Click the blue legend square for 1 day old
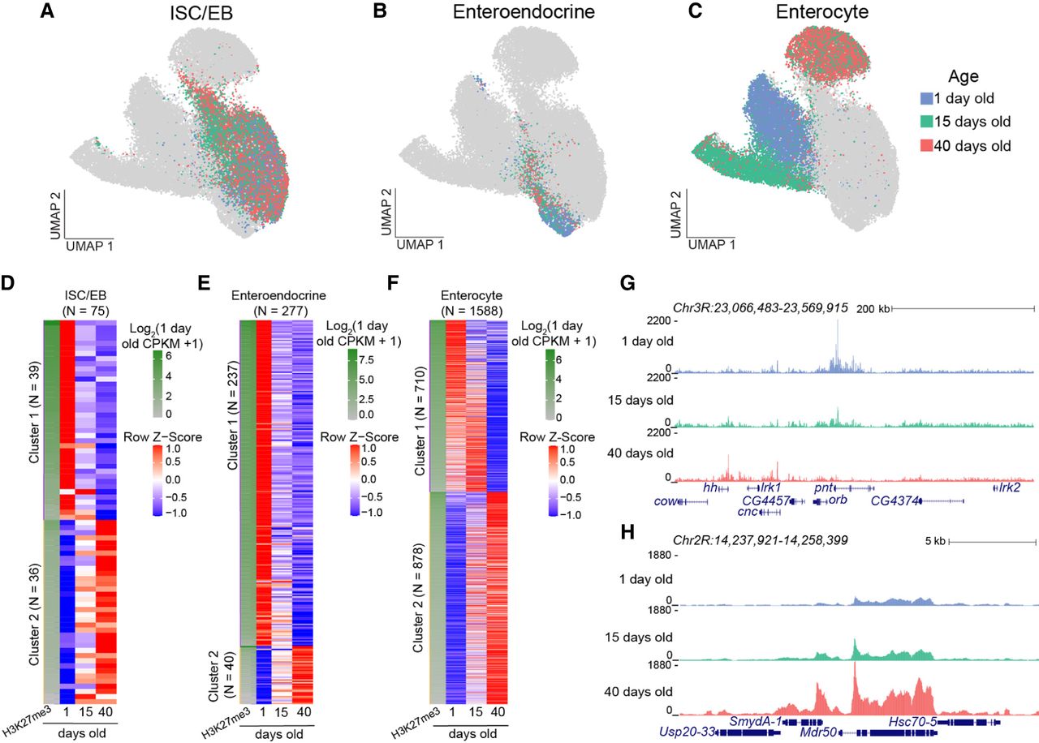[927, 98]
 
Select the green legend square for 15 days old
[927, 122]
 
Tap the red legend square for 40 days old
[927, 146]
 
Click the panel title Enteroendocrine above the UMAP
[524, 11]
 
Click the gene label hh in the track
[710, 487]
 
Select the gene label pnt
[823, 488]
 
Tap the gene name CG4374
[895, 501]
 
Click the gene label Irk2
[1009, 487]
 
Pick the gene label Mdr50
[818, 732]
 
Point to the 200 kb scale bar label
[873, 309]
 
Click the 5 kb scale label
[935, 541]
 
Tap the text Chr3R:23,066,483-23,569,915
[761, 307]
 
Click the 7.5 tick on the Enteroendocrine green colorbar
[366, 359]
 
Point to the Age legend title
[964, 76]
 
